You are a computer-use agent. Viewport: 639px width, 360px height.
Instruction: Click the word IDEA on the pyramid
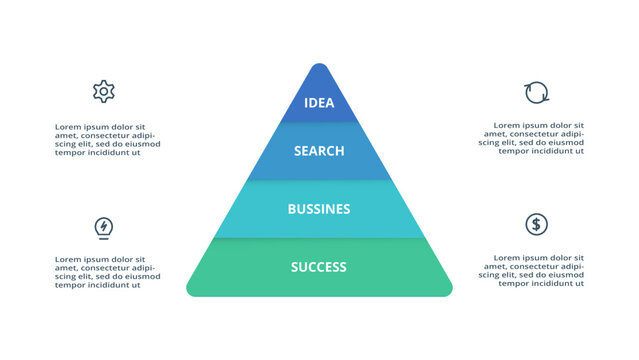(x=319, y=103)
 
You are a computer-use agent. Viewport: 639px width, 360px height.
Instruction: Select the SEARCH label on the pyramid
(x=319, y=151)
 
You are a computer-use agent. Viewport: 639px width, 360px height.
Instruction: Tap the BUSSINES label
(x=319, y=209)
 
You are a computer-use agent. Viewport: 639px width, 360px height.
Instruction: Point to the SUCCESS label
(x=319, y=267)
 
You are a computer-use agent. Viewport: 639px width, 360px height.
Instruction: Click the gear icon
(x=103, y=92)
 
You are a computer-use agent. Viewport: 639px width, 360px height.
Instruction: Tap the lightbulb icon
(x=103, y=227)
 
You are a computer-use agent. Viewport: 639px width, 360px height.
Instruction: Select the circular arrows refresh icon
(x=537, y=93)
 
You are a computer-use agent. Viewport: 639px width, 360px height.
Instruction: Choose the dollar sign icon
(x=536, y=224)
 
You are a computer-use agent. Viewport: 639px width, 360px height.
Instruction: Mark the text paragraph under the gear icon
(x=107, y=140)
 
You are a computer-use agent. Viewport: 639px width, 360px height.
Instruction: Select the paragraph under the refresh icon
(x=531, y=140)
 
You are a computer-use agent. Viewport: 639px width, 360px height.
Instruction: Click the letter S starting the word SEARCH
(x=298, y=151)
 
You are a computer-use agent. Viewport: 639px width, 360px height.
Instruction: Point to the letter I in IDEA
(x=306, y=103)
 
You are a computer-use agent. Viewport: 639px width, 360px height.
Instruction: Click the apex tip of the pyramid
(x=319, y=66)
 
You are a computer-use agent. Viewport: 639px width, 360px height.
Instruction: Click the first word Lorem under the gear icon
(x=68, y=127)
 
